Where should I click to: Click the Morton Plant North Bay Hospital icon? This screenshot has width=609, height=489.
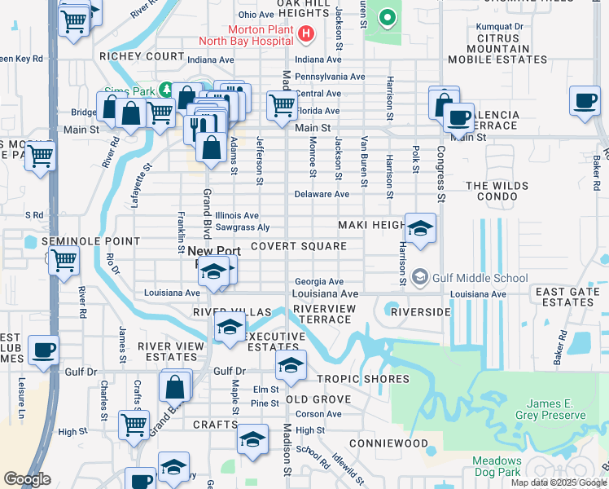(306, 33)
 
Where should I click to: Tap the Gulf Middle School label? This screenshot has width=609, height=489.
(481, 277)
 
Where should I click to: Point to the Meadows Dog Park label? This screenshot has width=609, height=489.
(497, 466)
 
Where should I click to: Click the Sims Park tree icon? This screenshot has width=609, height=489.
(167, 88)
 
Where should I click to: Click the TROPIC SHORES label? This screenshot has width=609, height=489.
(363, 379)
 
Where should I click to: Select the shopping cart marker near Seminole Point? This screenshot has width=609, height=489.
(64, 261)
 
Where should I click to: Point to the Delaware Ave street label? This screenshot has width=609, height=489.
(322, 195)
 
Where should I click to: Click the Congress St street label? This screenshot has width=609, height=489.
(440, 174)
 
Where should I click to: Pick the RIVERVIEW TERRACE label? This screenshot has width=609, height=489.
(324, 314)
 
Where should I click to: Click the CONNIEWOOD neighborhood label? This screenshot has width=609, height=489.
(388, 443)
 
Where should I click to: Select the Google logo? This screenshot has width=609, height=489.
(28, 479)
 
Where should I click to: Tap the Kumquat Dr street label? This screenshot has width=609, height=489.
(499, 27)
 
